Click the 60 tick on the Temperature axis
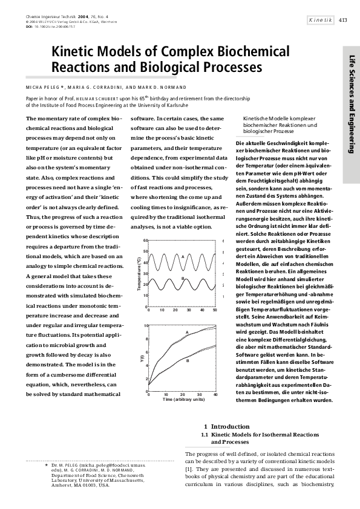[x=145, y=241]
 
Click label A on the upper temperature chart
[x=182, y=256]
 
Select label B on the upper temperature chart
[x=182, y=277]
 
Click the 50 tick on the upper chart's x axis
[x=215, y=310]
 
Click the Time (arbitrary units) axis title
[x=182, y=399]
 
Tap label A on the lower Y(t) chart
[x=187, y=332]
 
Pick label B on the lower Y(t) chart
[x=187, y=361]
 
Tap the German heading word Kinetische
[x=258, y=118]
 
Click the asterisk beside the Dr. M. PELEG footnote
[x=46, y=465]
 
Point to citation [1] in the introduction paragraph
[x=189, y=468]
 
